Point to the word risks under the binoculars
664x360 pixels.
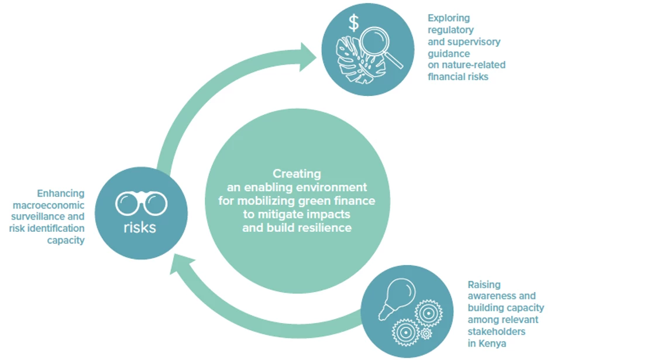pos(140,227)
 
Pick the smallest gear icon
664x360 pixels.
pos(426,333)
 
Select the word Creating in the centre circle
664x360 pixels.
pos(297,174)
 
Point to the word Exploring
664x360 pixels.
pos(449,18)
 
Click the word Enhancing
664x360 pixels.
pos(61,193)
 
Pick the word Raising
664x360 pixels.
pos(484,285)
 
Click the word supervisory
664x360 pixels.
pos(474,42)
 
